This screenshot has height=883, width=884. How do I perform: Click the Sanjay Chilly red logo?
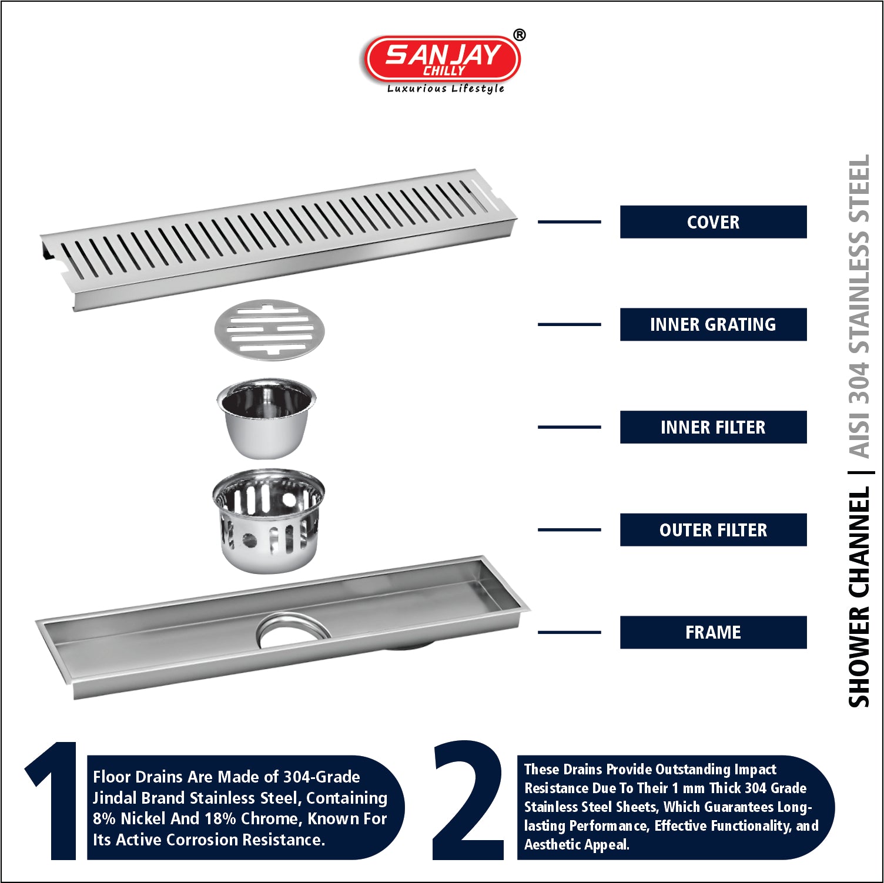pos(442,59)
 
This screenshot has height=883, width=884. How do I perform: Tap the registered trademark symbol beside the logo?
pos(519,35)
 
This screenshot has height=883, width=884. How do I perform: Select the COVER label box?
pos(713,222)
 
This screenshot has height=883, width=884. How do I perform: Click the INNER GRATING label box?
pos(713,324)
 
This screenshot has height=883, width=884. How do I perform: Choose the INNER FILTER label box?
pos(713,427)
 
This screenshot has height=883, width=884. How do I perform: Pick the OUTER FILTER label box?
pos(713,530)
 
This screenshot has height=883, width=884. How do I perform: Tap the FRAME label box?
pos(713,632)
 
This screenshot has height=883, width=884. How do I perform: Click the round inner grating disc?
pos(269,330)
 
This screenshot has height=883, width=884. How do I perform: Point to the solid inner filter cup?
pos(266,418)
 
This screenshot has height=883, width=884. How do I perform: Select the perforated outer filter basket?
pos(269,521)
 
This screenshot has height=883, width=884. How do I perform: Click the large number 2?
pos(468,800)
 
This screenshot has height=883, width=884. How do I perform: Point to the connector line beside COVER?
pos(569,222)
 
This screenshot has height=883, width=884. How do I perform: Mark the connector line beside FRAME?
pos(569,632)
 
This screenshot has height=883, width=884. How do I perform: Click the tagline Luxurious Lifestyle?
pos(446,89)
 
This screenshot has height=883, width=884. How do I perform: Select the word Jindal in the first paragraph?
pos(115,798)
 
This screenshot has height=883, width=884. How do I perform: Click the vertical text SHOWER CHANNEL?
pos(859,596)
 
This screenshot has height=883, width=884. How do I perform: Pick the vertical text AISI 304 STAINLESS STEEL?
pos(859,306)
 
